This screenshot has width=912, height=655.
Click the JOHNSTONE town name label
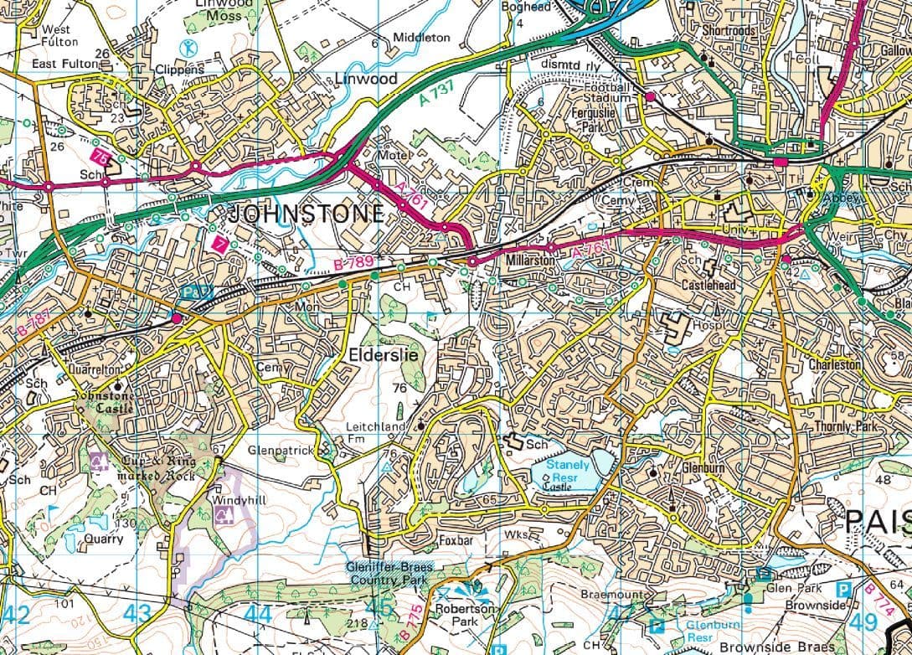click(x=306, y=213)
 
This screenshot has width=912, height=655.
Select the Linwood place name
click(x=366, y=79)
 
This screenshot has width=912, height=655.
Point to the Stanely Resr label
click(x=569, y=470)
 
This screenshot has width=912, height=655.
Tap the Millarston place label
click(x=531, y=261)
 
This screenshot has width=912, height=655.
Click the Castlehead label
click(x=708, y=286)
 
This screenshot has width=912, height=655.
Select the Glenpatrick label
click(x=281, y=450)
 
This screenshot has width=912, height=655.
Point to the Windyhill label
click(x=238, y=500)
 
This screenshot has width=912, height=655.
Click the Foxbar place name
click(x=456, y=541)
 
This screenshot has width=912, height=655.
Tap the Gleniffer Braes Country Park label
click(x=389, y=573)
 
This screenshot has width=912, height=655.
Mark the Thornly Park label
click(x=846, y=427)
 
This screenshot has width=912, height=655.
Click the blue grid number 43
click(x=137, y=615)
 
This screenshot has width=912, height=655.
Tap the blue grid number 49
click(x=862, y=622)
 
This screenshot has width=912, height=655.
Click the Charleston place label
click(x=834, y=365)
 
